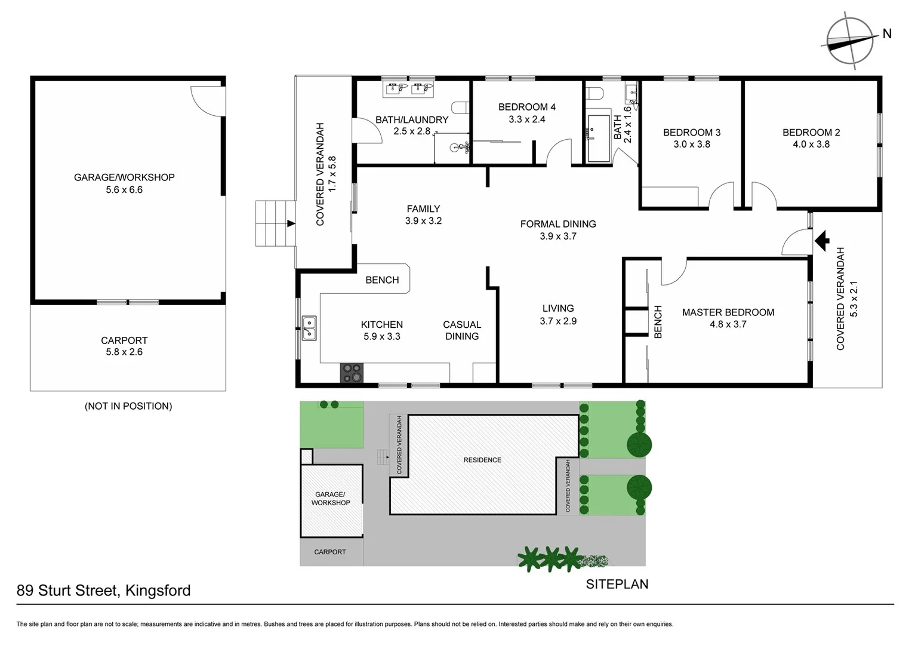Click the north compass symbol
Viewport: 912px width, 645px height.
coord(850,41)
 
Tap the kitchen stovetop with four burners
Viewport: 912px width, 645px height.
coord(352,373)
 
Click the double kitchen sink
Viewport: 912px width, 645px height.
coord(309,328)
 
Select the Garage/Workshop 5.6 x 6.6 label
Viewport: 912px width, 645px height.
coord(124,183)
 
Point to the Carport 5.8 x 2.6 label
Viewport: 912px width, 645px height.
coord(124,346)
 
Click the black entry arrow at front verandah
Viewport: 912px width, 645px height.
coord(822,240)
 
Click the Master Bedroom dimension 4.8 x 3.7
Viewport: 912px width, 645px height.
coord(728,324)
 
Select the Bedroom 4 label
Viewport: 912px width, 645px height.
coord(526,107)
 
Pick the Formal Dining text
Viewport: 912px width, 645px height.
coord(557,224)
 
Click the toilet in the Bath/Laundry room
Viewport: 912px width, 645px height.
coord(460,107)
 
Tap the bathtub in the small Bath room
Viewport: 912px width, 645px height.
coord(598,139)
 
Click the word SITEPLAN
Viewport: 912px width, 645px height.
coord(617,584)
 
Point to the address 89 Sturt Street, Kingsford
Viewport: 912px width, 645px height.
coord(104,591)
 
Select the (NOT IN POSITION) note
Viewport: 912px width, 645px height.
coord(128,406)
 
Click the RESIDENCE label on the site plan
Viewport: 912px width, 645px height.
coord(482,460)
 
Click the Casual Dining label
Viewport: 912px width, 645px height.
coord(461,330)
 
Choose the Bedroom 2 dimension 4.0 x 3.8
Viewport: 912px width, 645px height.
coord(811,144)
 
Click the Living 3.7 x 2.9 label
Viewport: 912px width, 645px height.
coord(558,315)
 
